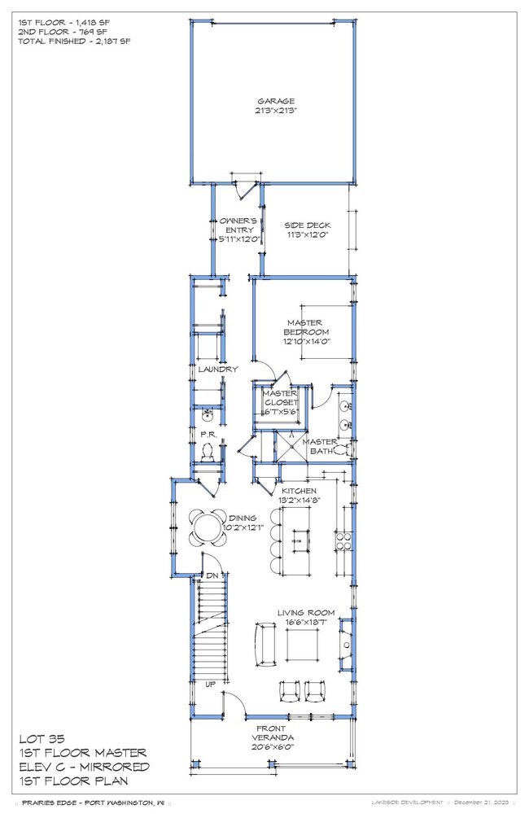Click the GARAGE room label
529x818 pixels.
[x=272, y=102]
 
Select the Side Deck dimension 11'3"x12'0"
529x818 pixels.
[x=305, y=235]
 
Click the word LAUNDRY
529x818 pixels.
[x=218, y=370]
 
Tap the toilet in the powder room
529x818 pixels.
[x=208, y=451]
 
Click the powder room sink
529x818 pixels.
[x=207, y=413]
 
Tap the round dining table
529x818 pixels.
[x=207, y=526]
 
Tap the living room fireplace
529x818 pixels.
[x=347, y=638]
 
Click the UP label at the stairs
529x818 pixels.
[x=210, y=685]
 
